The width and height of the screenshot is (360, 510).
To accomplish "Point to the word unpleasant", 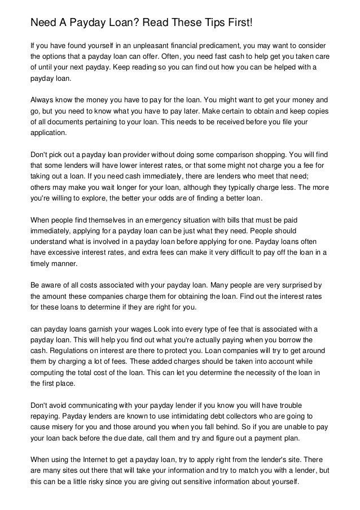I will tap(143, 44).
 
